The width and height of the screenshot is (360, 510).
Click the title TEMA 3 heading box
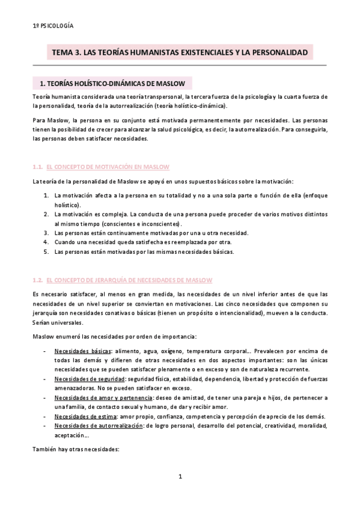(x=180, y=53)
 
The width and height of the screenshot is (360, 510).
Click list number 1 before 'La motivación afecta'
(x=46, y=195)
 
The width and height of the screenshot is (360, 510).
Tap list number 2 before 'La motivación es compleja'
(x=46, y=214)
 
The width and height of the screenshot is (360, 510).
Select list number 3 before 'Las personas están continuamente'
(x=46, y=233)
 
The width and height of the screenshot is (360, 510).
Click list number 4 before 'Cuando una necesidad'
(x=46, y=242)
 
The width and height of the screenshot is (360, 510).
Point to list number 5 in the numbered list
(x=46, y=251)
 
